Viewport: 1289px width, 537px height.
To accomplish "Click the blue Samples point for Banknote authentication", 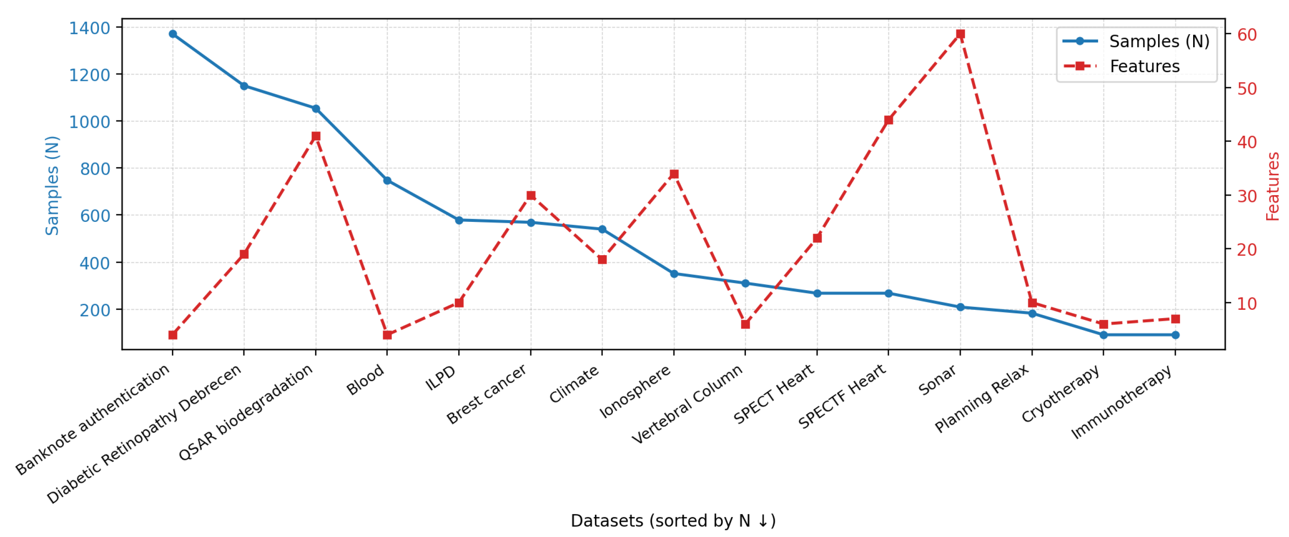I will [x=172, y=34].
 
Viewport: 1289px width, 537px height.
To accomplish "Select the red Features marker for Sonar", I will [x=960, y=34].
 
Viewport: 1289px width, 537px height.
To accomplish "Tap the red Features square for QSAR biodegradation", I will [x=316, y=136].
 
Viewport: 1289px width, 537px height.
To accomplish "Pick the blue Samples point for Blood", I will [x=387, y=181].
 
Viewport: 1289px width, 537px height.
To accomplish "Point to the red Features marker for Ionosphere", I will [x=674, y=174].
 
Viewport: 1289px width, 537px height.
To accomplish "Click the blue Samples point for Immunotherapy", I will [x=1175, y=335].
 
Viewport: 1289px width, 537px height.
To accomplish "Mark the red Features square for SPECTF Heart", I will [x=889, y=120].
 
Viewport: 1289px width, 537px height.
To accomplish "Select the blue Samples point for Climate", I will [x=602, y=229].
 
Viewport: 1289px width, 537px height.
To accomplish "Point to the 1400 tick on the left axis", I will [x=90, y=28].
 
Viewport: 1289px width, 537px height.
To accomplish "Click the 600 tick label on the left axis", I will [x=95, y=216].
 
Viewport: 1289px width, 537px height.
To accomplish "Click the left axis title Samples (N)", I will [x=52, y=185].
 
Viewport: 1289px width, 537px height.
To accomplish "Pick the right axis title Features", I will [x=1273, y=186].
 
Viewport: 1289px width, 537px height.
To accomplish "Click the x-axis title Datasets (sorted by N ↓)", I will [x=673, y=520].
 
